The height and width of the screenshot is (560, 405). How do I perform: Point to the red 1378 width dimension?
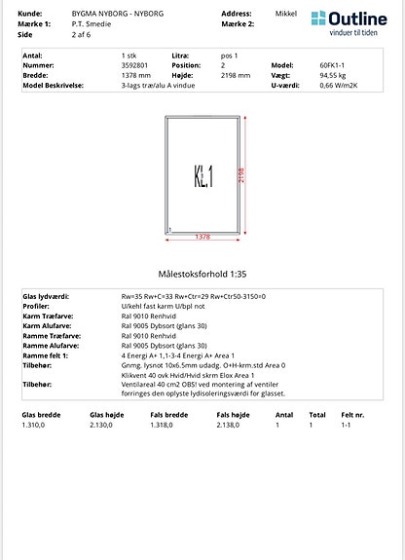(x=202, y=237)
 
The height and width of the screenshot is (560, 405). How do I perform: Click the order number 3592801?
(x=136, y=66)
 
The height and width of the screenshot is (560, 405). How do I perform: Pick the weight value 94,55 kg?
(x=333, y=75)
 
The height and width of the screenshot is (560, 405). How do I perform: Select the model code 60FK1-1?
(x=334, y=66)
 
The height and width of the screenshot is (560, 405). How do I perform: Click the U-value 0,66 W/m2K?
(x=340, y=85)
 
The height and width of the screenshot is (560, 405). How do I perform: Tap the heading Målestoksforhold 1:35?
(x=202, y=276)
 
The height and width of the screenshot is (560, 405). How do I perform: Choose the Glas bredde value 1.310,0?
(x=35, y=425)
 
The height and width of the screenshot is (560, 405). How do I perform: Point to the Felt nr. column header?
(x=352, y=415)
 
